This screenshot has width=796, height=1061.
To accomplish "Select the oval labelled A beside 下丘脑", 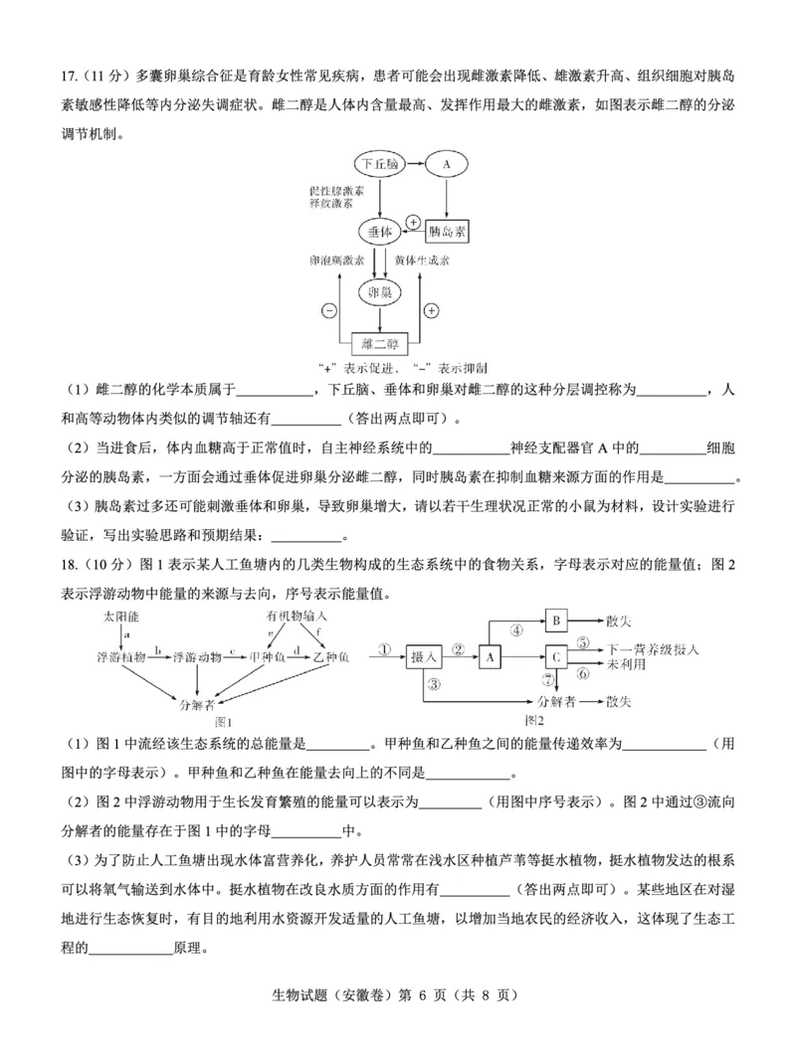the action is (447, 163).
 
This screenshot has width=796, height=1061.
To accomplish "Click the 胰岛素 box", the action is (447, 232).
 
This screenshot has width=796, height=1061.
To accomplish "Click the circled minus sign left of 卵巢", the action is (328, 310).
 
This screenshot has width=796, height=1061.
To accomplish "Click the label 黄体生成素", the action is (421, 261).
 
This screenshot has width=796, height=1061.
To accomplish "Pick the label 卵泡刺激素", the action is (336, 261).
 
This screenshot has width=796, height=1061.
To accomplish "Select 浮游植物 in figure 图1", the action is (121, 657).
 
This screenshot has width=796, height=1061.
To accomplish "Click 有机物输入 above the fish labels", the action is (296, 618).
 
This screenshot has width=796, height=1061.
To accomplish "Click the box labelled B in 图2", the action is (557, 620).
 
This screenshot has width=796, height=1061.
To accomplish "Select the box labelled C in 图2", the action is (557, 656).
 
